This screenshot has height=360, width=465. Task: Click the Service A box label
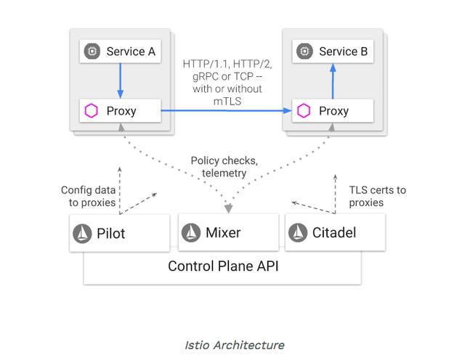pos(131,52)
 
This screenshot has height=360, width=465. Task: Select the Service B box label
pos(339,52)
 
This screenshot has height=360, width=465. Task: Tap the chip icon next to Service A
pos(92,52)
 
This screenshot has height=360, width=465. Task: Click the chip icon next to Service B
pos(304,52)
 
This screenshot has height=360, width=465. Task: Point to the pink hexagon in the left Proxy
pos(92,111)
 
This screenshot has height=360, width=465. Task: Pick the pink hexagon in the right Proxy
pos(304,111)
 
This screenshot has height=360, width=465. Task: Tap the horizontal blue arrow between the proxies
pos(225,111)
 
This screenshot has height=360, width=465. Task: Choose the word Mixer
pos(222,233)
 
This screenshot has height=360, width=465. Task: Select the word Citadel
pos(335,233)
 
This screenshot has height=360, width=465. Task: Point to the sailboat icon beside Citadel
pos(299,233)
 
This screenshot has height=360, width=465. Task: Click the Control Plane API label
pos(223,266)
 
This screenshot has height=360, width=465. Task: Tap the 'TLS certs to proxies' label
pos(377,196)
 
